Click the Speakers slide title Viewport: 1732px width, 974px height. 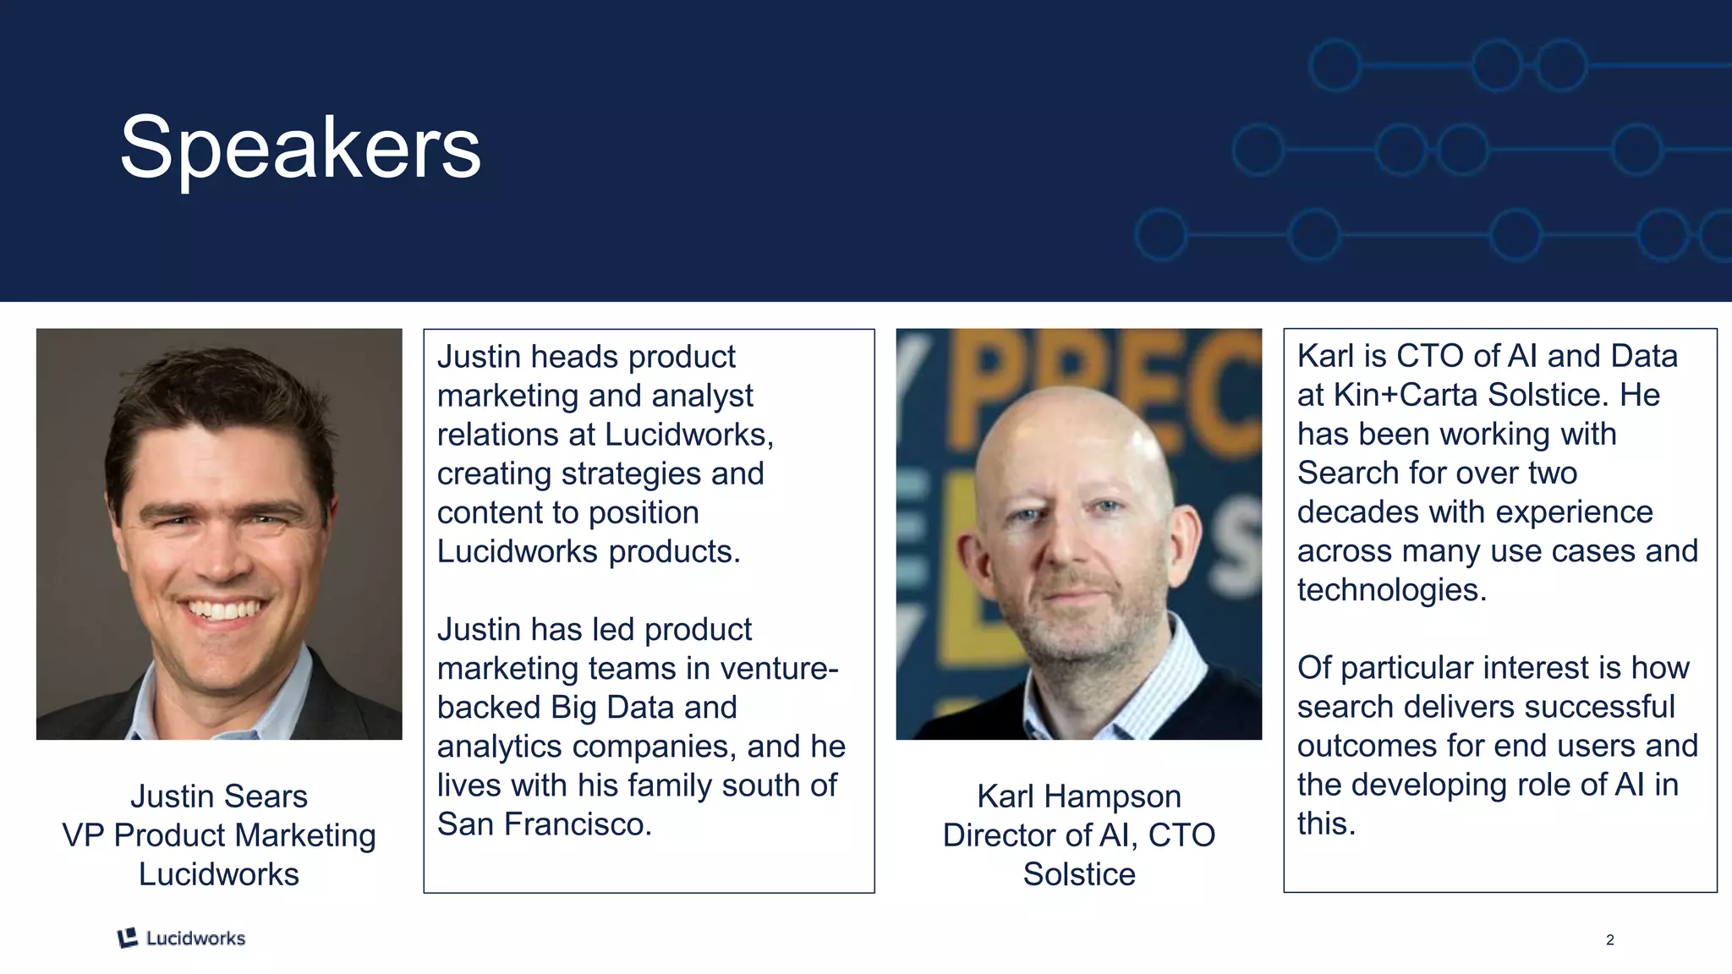pyautogui.click(x=300, y=149)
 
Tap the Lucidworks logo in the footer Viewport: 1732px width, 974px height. pyautogui.click(x=181, y=938)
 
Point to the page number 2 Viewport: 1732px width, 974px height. pyautogui.click(x=1609, y=939)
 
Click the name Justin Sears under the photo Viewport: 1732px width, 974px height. pyautogui.click(x=218, y=796)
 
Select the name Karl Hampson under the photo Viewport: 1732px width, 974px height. pyautogui.click(x=1078, y=796)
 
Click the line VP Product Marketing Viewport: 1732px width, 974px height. pyautogui.click(x=218, y=835)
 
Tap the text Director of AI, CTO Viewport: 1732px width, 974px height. pyautogui.click(x=1078, y=835)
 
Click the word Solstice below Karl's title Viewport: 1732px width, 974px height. pyautogui.click(x=1078, y=874)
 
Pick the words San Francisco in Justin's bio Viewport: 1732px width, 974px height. pyautogui.click(x=542, y=824)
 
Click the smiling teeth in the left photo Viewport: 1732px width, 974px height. pyautogui.click(x=223, y=610)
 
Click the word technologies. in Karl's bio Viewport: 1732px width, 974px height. pyautogui.click(x=1391, y=590)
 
